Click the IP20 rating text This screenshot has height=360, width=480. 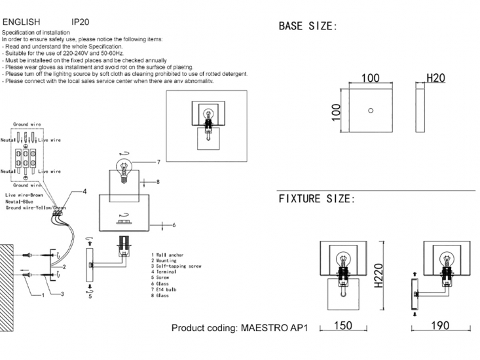(x=81, y=22)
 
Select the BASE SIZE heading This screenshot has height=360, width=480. (x=308, y=27)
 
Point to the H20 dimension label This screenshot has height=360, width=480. (x=435, y=79)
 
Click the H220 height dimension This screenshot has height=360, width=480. (x=378, y=277)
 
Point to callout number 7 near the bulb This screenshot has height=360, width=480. (x=158, y=161)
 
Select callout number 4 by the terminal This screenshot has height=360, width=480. (x=85, y=192)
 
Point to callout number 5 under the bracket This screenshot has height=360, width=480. (x=90, y=296)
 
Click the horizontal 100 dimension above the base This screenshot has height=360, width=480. (x=371, y=79)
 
